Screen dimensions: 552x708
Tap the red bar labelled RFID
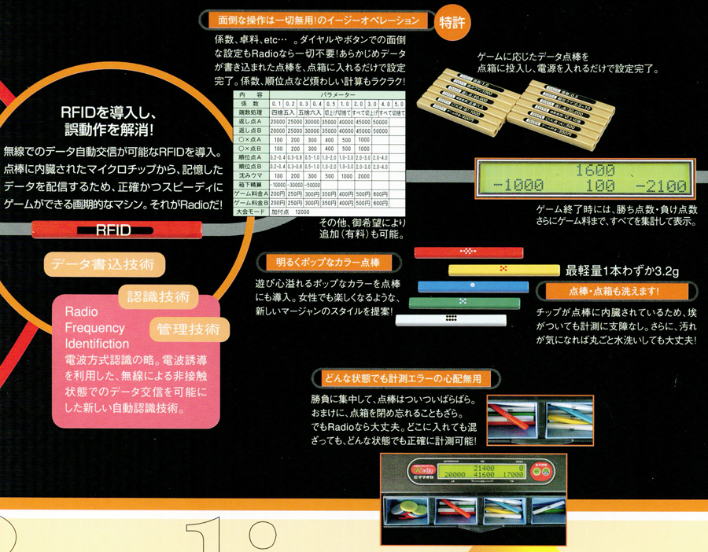pyautogui.click(x=113, y=230)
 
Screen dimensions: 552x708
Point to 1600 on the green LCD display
pyautogui.click(x=595, y=169)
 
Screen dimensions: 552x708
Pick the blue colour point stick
pyautogui.click(x=470, y=286)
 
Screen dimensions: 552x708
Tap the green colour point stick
pyautogui.click(x=464, y=303)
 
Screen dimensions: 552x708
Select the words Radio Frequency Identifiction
pyautogui.click(x=96, y=326)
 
